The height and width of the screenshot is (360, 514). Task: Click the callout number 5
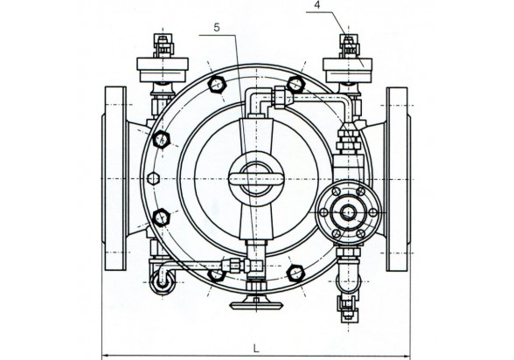(217, 27)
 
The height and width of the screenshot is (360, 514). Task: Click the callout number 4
(316, 5)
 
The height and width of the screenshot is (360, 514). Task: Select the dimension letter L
(256, 349)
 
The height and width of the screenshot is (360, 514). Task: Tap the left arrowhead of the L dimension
(106, 356)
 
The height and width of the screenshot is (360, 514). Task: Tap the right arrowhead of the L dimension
(406, 356)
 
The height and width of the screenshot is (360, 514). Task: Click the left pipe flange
(115, 178)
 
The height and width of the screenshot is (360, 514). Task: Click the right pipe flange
(397, 179)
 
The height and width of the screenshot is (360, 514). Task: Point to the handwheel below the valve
(256, 305)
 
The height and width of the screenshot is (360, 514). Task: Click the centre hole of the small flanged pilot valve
(348, 212)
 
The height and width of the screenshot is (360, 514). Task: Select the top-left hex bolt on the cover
(217, 85)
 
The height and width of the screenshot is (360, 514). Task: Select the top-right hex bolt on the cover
(296, 84)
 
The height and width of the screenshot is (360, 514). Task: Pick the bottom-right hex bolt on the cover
(296, 273)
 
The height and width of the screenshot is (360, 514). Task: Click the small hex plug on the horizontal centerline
(154, 179)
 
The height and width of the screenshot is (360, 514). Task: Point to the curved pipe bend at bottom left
(162, 280)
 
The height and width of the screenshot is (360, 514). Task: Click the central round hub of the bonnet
(256, 179)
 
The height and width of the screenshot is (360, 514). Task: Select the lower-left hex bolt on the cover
(161, 218)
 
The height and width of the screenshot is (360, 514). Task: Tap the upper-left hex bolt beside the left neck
(161, 139)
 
